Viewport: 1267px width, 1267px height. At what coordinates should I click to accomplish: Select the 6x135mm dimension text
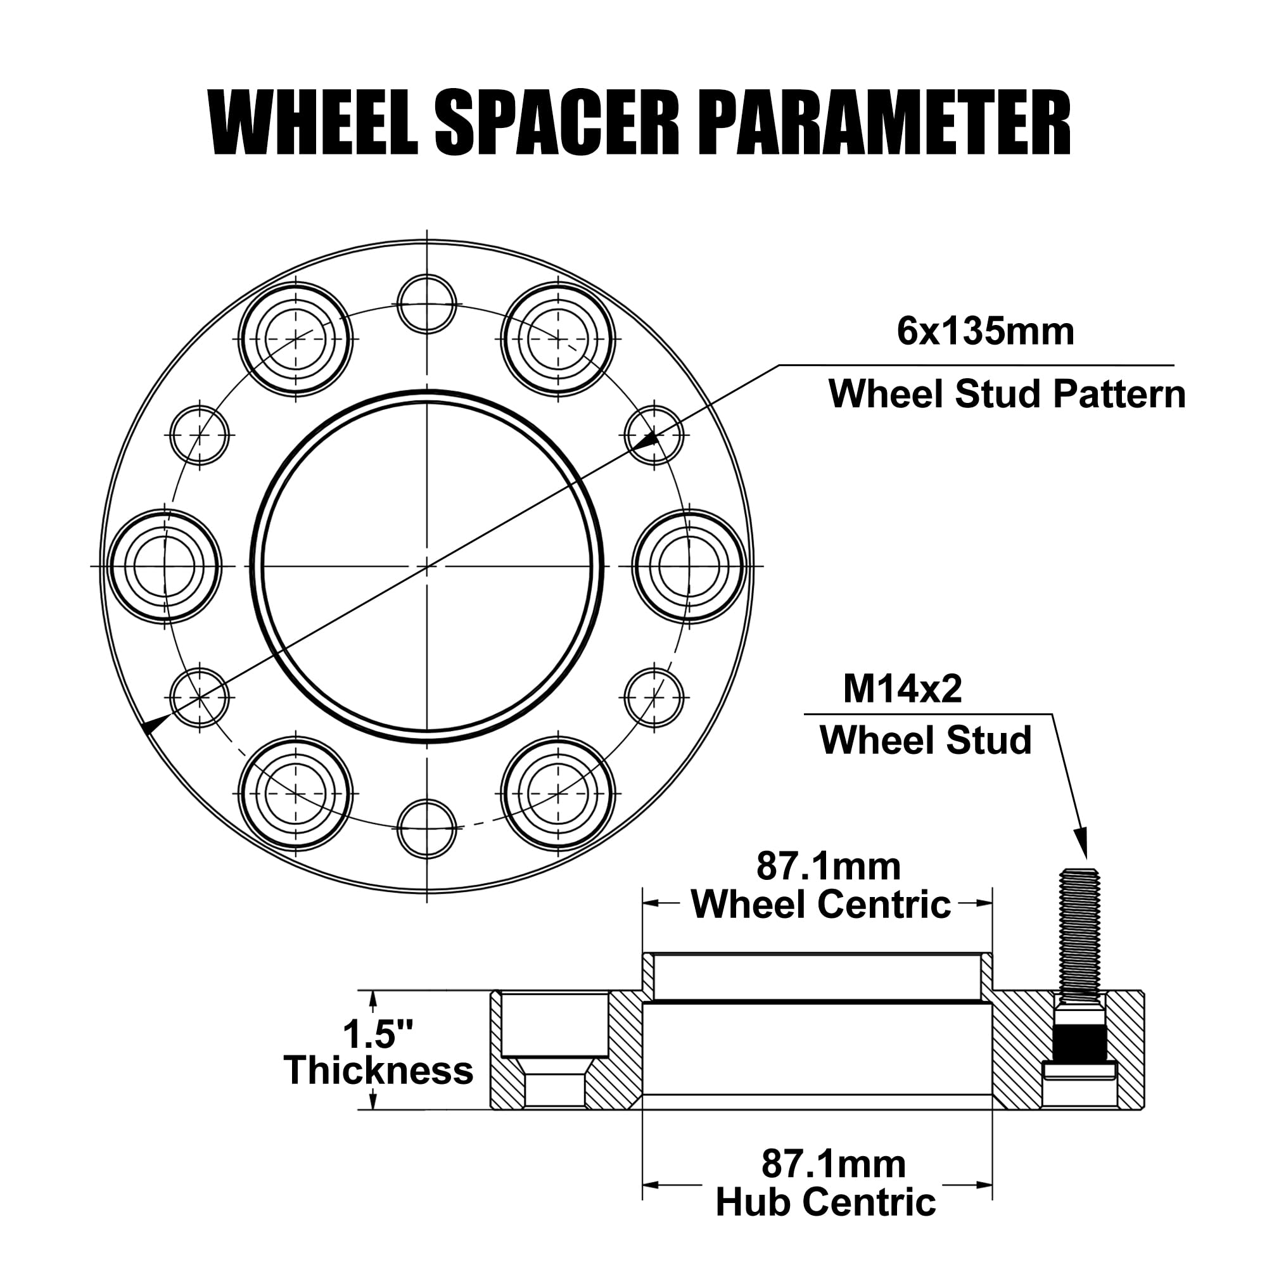985,332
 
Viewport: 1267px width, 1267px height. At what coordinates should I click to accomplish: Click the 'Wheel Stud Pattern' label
1007,394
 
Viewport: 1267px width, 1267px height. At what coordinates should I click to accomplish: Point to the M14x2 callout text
902,689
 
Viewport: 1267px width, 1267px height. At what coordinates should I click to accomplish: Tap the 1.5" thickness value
378,1035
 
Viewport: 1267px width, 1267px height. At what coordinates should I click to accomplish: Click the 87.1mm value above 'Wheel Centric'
829,866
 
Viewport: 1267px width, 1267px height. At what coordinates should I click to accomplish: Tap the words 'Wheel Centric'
821,905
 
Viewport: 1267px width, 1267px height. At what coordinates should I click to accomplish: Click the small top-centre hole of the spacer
427,304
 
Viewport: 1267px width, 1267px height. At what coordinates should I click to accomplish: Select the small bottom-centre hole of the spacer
427,828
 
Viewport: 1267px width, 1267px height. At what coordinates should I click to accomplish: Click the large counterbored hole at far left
165,566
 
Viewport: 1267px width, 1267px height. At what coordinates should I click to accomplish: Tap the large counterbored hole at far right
689,566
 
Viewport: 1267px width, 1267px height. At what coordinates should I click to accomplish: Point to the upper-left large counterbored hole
295,339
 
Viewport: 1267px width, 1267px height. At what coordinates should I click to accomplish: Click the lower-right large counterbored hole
558,794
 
